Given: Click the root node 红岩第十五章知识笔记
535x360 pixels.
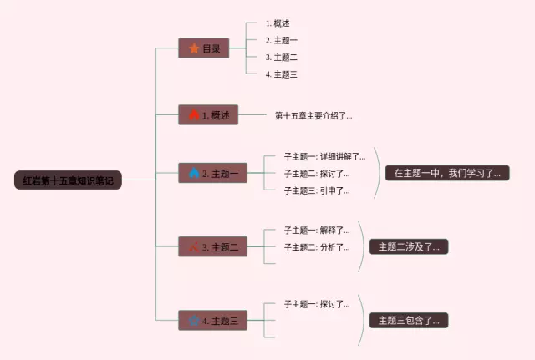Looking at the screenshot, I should (x=68, y=180).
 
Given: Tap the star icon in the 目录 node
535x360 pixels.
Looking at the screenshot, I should (x=194, y=48).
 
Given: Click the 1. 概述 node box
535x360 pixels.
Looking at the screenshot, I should (x=208, y=115).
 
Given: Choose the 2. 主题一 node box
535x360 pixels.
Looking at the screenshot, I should (x=212, y=174).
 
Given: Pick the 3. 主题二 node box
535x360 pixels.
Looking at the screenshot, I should (x=212, y=246).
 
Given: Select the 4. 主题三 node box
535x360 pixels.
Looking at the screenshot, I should (x=212, y=320).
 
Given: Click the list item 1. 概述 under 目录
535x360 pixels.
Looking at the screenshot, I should (x=278, y=23).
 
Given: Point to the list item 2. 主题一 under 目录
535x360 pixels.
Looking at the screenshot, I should (x=281, y=40).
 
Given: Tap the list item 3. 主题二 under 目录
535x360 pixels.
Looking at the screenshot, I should (x=281, y=58).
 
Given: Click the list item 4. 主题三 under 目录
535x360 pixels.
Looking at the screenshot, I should (x=281, y=74).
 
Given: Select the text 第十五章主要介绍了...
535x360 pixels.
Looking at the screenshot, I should (x=313, y=115).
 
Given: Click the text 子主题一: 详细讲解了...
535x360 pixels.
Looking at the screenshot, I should (x=324, y=156).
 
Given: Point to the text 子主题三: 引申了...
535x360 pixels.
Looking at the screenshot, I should (x=317, y=190).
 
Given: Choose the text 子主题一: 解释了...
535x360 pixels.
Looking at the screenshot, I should (x=317, y=230).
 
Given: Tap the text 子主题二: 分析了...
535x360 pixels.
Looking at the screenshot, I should (x=317, y=247).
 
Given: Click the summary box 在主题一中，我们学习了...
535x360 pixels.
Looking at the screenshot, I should (x=446, y=174).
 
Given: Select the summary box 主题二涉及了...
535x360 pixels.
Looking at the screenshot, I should (x=409, y=246).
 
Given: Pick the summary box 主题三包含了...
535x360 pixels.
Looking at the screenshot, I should (x=409, y=320).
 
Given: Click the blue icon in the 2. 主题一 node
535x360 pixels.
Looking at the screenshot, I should (x=194, y=174).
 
